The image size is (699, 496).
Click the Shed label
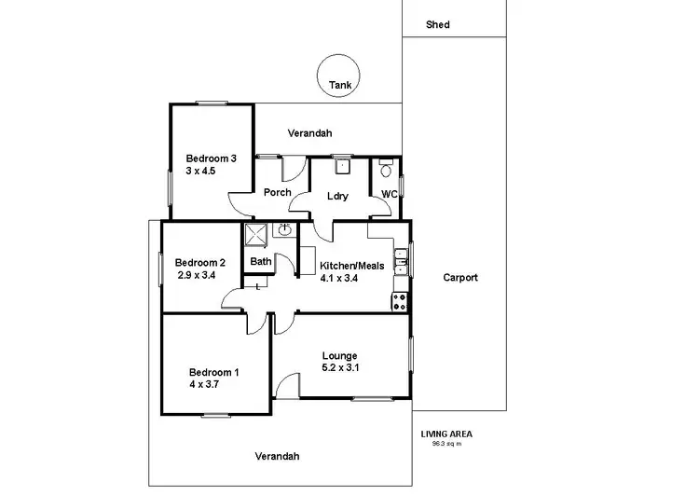(x=437, y=25)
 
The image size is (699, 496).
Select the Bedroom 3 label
(x=211, y=158)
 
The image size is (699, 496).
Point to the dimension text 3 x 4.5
(x=200, y=171)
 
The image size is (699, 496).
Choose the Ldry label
(x=337, y=195)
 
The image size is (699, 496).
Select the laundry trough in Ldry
(x=342, y=167)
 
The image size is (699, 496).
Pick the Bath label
(x=260, y=262)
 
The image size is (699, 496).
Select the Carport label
(x=460, y=278)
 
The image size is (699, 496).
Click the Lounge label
(x=340, y=355)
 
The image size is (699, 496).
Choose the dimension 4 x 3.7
(x=203, y=385)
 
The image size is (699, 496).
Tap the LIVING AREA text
(x=445, y=434)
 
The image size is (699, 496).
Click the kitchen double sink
(x=400, y=262)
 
